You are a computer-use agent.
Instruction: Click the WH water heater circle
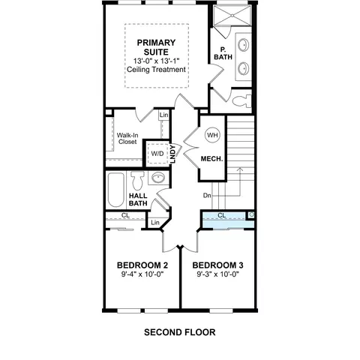point(212,135)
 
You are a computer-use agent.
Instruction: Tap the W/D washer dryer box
point(157,154)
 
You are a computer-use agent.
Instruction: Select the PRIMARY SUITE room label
point(156,47)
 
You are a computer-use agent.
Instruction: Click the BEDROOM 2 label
point(142,265)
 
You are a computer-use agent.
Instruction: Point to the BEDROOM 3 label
point(217,265)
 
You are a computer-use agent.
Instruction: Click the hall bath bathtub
point(116,190)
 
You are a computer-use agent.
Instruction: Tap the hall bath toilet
point(137,180)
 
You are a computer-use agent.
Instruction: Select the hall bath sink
point(158,178)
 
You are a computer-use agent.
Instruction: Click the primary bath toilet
point(242,101)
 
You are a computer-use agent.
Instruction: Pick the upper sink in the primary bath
point(243,45)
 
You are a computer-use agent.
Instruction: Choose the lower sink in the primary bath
point(243,68)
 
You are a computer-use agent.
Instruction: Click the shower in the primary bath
point(232,16)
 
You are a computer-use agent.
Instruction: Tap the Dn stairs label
point(207,196)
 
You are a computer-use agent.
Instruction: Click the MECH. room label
point(211,159)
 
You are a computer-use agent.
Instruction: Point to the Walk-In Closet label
point(127,139)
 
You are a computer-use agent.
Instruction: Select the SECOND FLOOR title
point(180,332)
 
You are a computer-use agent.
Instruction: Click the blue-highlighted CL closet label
point(222,215)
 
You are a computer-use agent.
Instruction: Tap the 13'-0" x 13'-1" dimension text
point(157,61)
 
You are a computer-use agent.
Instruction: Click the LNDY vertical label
point(172,154)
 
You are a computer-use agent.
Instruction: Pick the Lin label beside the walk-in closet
point(164,115)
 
